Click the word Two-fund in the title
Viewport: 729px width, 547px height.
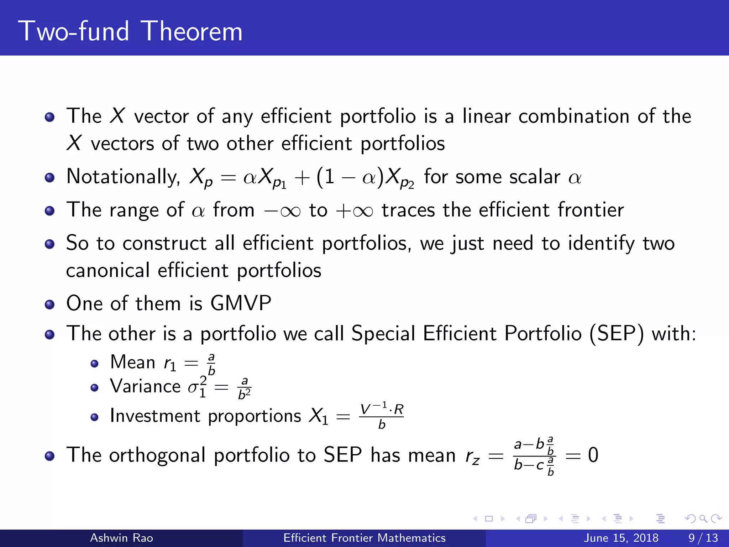tap(74, 31)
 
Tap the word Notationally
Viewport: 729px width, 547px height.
tap(123, 177)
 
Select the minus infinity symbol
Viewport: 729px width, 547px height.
tap(282, 211)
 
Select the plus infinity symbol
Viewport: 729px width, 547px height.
tap(355, 211)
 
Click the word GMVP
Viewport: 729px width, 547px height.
tap(241, 303)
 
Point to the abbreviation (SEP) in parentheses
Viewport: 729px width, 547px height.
tap(617, 334)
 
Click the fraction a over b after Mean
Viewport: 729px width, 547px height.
tap(211, 364)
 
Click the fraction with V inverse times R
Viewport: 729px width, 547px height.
tap(382, 416)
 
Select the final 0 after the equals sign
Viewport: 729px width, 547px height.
tap(593, 455)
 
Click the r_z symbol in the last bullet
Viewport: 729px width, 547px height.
tap(473, 456)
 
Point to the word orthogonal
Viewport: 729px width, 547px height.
tap(157, 456)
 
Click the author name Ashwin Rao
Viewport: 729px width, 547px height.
tap(121, 538)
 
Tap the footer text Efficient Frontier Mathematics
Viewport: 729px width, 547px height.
tap(364, 538)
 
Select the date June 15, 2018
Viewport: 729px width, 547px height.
tap(621, 538)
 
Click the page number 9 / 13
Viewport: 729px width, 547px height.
tap(703, 538)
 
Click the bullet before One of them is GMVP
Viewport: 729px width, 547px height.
tap(50, 304)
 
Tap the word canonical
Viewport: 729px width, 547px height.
tap(107, 271)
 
